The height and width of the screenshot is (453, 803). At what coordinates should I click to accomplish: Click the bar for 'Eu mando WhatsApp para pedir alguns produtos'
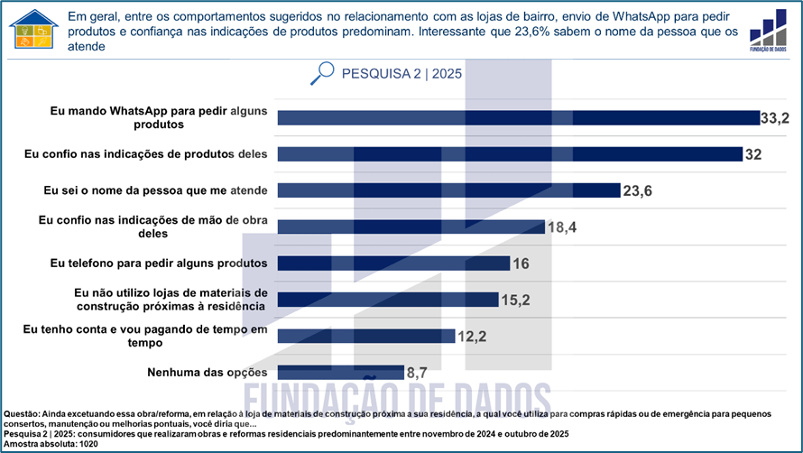518,117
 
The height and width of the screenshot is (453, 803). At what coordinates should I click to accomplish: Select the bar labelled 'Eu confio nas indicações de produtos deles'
510,153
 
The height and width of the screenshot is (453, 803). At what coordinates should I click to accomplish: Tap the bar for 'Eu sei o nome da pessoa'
448,190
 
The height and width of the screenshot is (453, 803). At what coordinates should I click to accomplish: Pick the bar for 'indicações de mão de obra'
411,226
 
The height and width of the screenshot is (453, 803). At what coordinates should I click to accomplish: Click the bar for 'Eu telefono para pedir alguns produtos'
393,263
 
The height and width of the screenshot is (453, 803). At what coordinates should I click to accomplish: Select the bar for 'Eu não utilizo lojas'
388,300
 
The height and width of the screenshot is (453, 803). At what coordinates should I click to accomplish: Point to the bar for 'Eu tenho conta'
365,336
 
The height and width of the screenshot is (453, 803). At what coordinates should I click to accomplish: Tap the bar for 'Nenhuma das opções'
340,372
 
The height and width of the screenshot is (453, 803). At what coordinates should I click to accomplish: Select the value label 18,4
561,227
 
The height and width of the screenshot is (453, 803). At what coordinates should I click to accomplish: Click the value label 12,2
473,337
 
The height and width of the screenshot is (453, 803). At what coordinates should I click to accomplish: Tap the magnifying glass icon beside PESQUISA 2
321,73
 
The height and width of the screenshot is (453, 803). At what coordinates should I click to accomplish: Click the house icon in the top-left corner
32,30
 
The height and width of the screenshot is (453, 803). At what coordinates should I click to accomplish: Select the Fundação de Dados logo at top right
768,32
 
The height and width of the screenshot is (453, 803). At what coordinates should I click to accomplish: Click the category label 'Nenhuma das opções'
207,372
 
